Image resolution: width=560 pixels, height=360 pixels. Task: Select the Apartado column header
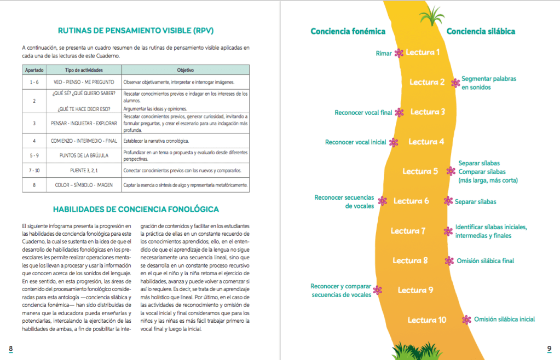click(x=34, y=71)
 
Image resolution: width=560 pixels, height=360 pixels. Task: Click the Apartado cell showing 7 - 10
click(x=34, y=170)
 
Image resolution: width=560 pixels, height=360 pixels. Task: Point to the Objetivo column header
click(x=186, y=71)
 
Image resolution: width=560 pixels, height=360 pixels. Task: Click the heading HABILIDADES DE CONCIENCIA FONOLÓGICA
click(x=136, y=209)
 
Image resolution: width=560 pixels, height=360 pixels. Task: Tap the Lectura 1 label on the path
click(x=423, y=53)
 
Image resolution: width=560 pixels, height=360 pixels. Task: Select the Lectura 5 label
click(x=420, y=171)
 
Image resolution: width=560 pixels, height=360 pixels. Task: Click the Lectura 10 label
click(x=427, y=320)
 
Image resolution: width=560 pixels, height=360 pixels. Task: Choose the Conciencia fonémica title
click(x=348, y=31)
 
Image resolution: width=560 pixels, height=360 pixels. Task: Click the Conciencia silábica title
click(x=481, y=31)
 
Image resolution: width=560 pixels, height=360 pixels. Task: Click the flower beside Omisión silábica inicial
click(x=466, y=320)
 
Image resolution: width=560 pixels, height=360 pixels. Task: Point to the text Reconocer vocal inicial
click(x=355, y=142)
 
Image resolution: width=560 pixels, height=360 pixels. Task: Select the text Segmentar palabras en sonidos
click(x=488, y=83)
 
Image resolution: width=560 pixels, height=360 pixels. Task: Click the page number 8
click(x=10, y=349)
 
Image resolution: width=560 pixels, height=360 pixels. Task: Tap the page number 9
click(x=549, y=349)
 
